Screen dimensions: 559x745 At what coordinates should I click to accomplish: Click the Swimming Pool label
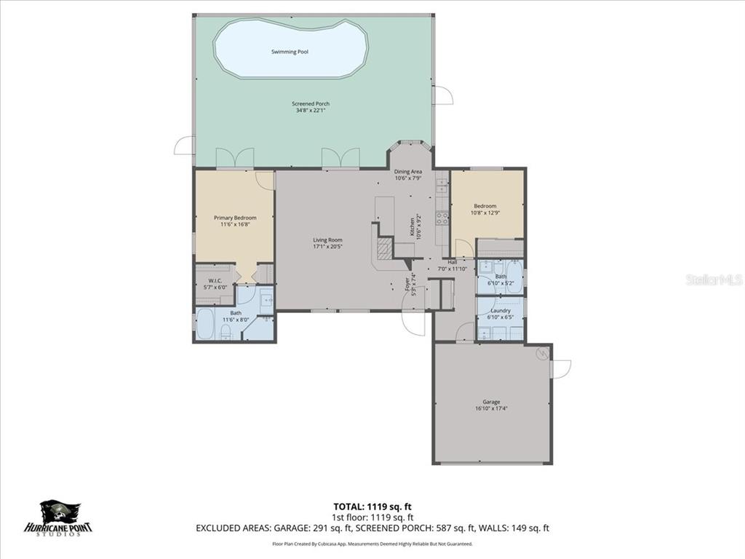[290, 52]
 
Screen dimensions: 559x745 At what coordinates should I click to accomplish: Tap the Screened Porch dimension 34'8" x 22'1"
[311, 111]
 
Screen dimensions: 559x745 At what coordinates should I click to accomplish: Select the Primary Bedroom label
[234, 218]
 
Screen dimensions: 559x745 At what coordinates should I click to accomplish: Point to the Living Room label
[327, 239]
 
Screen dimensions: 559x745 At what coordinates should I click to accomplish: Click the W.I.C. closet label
[215, 281]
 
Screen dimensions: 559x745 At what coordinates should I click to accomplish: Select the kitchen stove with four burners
[442, 216]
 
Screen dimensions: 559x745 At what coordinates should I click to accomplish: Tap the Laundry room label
[501, 311]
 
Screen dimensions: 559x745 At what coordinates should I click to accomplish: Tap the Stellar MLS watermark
[712, 279]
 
